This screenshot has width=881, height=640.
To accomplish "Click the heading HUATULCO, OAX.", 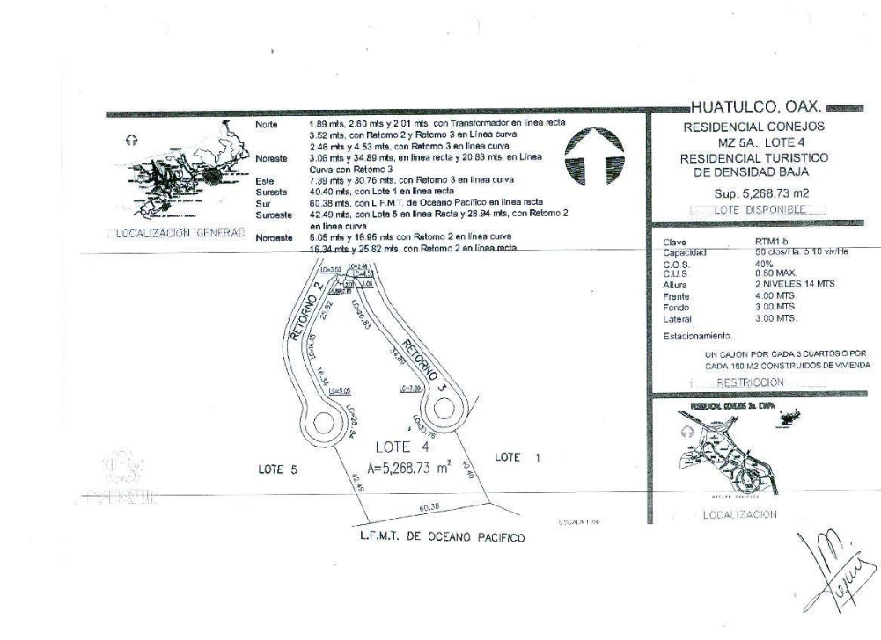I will pos(757,108).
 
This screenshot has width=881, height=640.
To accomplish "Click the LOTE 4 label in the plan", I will pos(400,447).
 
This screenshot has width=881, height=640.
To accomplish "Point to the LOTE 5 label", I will pos(277,469).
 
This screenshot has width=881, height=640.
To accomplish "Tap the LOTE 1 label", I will pos(518,457).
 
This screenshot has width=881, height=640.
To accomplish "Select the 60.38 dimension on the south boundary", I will pos(429,506).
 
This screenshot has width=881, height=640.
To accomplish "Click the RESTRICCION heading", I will pos(749,382).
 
